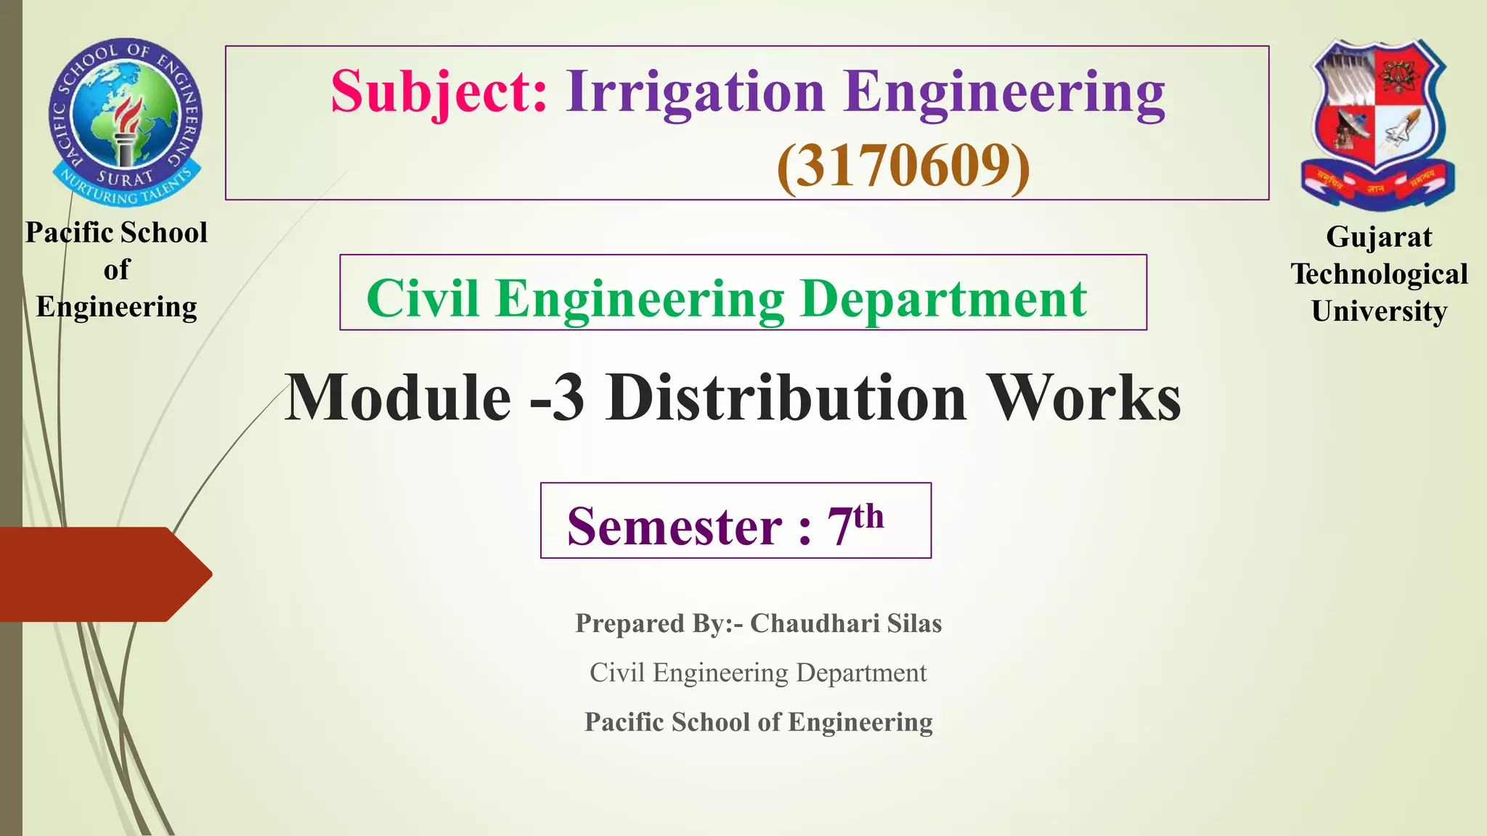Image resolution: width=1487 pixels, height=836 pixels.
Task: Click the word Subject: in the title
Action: (439, 92)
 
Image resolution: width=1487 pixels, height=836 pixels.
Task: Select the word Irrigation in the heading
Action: (695, 92)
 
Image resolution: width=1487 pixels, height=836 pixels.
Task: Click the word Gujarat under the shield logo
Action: (1378, 237)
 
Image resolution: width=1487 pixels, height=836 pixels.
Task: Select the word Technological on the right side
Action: (1379, 274)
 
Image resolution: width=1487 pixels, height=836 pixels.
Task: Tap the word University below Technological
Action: (1379, 311)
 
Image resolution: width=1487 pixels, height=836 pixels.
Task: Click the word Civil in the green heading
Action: (422, 298)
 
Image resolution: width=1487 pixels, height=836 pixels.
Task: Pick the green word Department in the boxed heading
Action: (944, 298)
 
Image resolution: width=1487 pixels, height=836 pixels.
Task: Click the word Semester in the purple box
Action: (675, 526)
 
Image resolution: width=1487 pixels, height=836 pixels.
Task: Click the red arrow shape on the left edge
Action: (102, 574)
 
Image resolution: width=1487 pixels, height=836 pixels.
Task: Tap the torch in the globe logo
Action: (128, 127)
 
